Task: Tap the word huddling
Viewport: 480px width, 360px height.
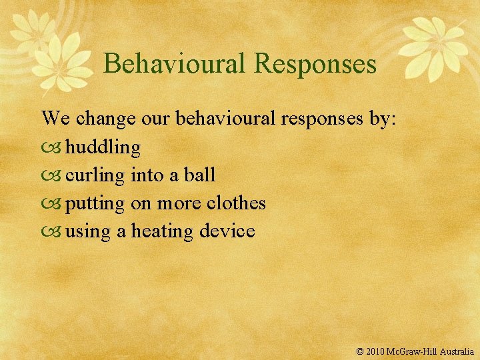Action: pos(103,147)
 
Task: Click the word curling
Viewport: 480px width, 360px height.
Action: pos(95,175)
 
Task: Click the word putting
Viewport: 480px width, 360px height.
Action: pos(95,203)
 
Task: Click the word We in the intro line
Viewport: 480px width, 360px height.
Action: pos(55,119)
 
